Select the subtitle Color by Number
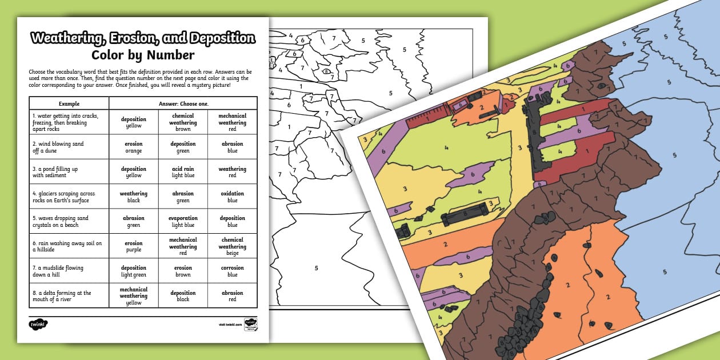coord(143,55)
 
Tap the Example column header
coord(69,103)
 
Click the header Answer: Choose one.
coord(183,103)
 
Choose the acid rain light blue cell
coord(183,172)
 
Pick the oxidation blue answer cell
coord(232,197)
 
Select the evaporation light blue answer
coord(183,221)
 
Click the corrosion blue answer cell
coord(232,271)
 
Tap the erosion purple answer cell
coord(134,246)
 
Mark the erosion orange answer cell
coord(134,147)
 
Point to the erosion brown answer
coord(183,271)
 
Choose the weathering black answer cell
coord(134,197)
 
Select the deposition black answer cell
coord(183,296)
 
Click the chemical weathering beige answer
coord(232,246)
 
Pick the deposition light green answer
coord(134,271)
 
